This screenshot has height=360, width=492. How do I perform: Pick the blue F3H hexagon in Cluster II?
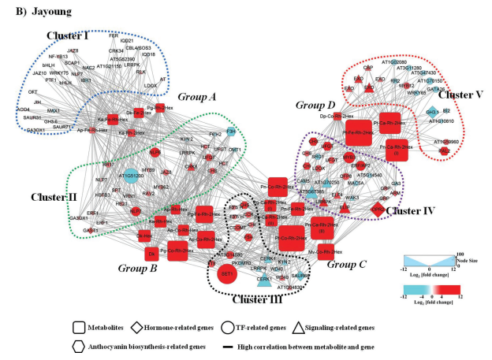coord(231,132)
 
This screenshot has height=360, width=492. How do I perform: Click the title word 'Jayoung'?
coord(47,12)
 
